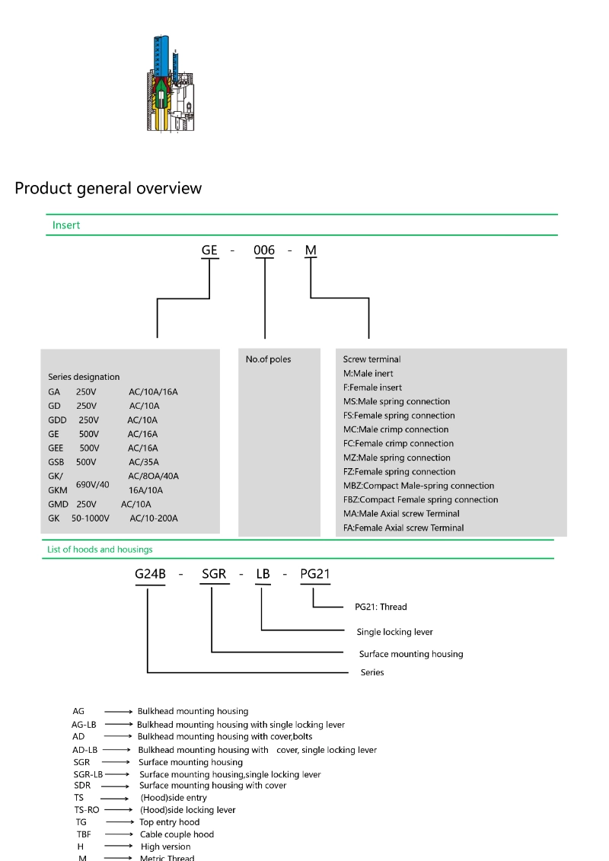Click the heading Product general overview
coord(108,188)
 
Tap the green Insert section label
coord(66,225)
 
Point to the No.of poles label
coord(268,359)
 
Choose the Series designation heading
coord(84,377)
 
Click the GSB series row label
coord(58,462)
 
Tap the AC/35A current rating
coord(143,462)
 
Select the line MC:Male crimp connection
coord(396,429)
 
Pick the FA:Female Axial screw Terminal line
coord(403,528)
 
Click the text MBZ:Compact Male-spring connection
coord(419,486)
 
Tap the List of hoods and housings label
coord(100,549)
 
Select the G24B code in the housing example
coord(150,574)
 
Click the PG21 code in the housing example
coord(315,574)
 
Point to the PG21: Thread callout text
coord(381,607)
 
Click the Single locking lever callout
coord(395,632)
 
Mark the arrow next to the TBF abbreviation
coord(120,834)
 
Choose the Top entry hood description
coord(170,822)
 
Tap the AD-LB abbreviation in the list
coord(84,750)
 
